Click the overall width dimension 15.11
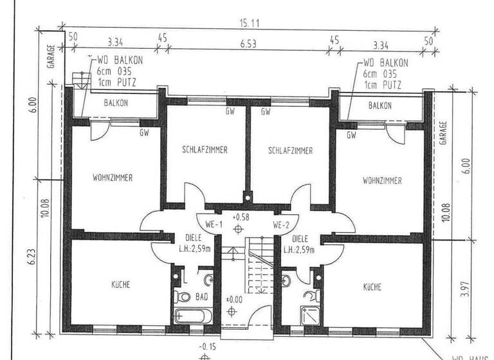[x=250, y=23]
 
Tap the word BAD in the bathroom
[x=201, y=298]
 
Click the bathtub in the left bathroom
[x=192, y=316]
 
